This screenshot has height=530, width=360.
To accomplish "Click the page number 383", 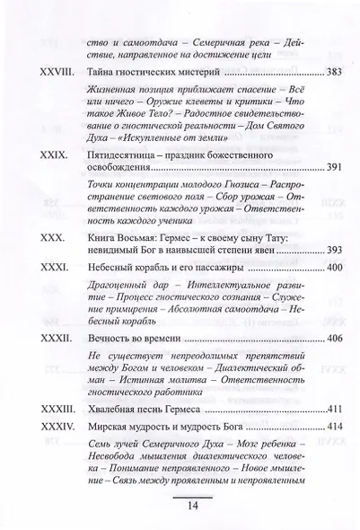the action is pyautogui.click(x=331, y=70).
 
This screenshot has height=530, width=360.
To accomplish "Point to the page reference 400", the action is pyautogui.click(x=331, y=267).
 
